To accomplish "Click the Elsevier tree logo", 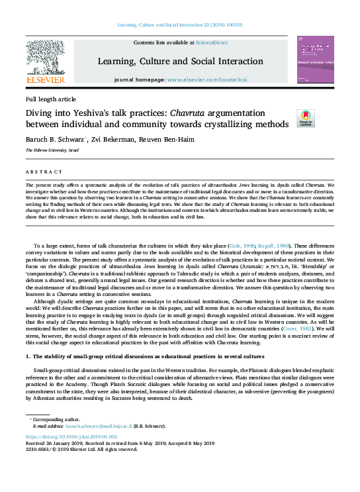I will [x=45, y=56].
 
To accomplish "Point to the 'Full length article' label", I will [x=51, y=99].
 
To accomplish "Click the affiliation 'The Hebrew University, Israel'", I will [x=52, y=151].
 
